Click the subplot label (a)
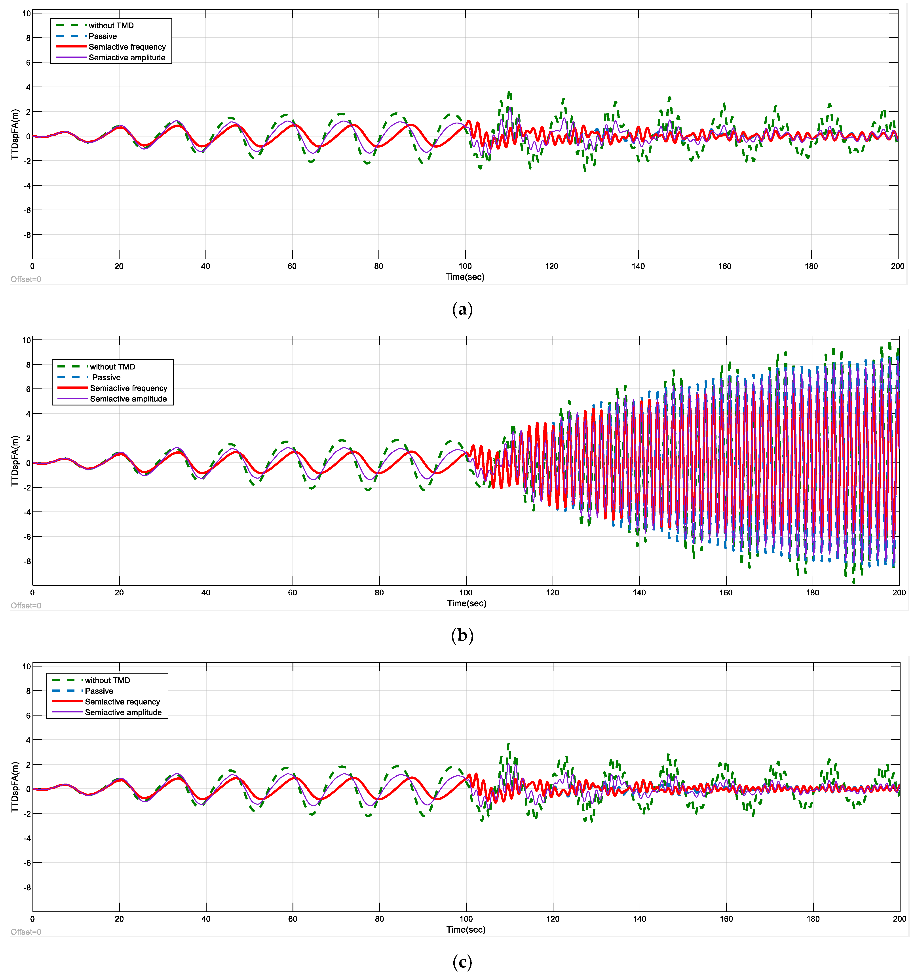462,309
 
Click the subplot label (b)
462,636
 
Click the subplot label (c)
462,962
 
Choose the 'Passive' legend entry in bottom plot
99,691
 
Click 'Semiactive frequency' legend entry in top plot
127,47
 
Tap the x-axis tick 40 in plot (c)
206,919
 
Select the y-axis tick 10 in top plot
27,13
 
